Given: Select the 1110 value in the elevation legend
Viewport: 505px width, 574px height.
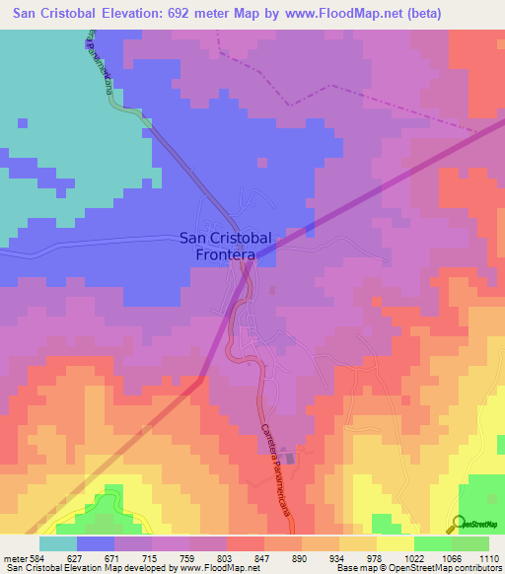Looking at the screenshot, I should click(x=489, y=558).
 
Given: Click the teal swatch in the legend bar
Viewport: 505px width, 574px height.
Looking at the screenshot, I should click(x=58, y=543).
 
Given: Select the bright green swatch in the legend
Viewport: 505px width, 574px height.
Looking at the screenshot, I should click(x=470, y=543).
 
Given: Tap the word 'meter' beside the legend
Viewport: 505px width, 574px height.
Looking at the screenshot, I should click(x=15, y=558).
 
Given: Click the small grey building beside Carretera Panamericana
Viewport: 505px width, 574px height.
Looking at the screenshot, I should click(x=290, y=456).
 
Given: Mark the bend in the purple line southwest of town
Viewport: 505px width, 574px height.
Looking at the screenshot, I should click(x=201, y=379).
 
